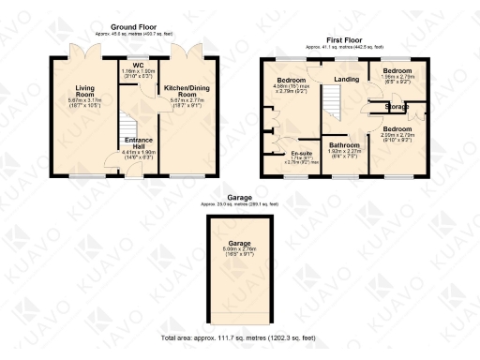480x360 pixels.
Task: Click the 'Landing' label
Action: tap(347, 80)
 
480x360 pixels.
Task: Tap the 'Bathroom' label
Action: tap(344, 146)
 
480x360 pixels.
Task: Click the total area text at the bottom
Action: tap(239, 336)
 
